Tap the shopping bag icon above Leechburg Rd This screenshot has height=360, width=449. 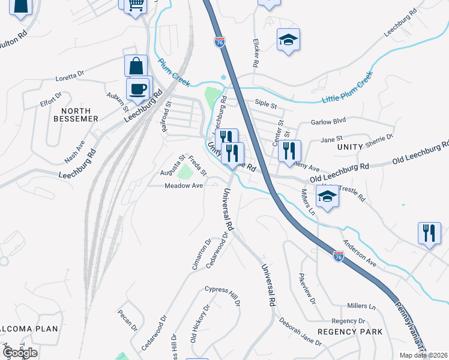[x=136, y=66]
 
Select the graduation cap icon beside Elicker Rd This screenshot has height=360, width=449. [x=288, y=40]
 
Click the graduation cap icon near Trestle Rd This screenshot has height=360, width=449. [x=327, y=197]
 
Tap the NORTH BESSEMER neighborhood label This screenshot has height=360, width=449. [x=76, y=115]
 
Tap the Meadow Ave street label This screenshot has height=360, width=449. [x=184, y=186]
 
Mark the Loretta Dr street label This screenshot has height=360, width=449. [x=70, y=76]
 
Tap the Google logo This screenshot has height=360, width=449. [x=20, y=352]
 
